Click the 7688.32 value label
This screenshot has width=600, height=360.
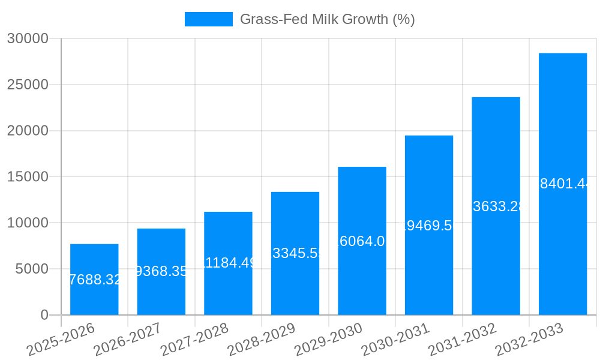tap(95, 280)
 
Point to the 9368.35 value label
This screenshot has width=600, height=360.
tap(161, 271)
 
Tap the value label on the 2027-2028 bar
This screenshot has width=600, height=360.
tap(228, 263)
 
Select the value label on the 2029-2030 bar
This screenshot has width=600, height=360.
tap(362, 241)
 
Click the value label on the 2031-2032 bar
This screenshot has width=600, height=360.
tap(496, 206)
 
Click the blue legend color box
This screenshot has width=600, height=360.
tap(208, 19)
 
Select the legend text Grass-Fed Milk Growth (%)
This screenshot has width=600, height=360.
tap(327, 19)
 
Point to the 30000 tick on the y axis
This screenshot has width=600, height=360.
tap(27, 38)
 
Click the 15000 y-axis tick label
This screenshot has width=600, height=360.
tap(27, 177)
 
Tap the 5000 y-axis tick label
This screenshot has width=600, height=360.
tap(31, 269)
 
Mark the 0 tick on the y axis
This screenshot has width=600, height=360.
tap(44, 315)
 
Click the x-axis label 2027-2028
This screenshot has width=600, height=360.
tap(195, 340)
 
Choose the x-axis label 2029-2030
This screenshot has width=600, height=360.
tap(329, 340)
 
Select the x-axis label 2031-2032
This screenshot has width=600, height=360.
tap(463, 340)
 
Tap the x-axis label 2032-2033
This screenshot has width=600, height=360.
tap(530, 340)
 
